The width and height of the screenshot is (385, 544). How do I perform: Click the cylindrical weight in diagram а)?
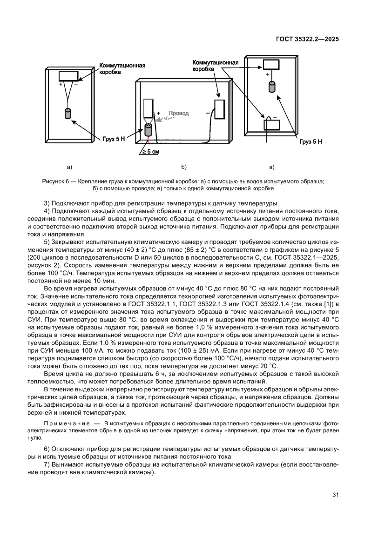68,114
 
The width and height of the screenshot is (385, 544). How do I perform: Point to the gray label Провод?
178,113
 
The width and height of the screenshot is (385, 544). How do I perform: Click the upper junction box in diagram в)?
272,65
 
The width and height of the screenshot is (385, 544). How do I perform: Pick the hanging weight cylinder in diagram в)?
272,87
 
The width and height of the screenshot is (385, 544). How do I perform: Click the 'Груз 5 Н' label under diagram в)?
311,141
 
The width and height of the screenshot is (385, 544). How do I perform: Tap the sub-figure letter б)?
183,166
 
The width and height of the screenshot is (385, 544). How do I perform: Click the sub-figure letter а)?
69,166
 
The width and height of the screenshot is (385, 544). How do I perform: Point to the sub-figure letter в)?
272,166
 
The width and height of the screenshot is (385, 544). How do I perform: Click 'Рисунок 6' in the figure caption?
55,181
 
